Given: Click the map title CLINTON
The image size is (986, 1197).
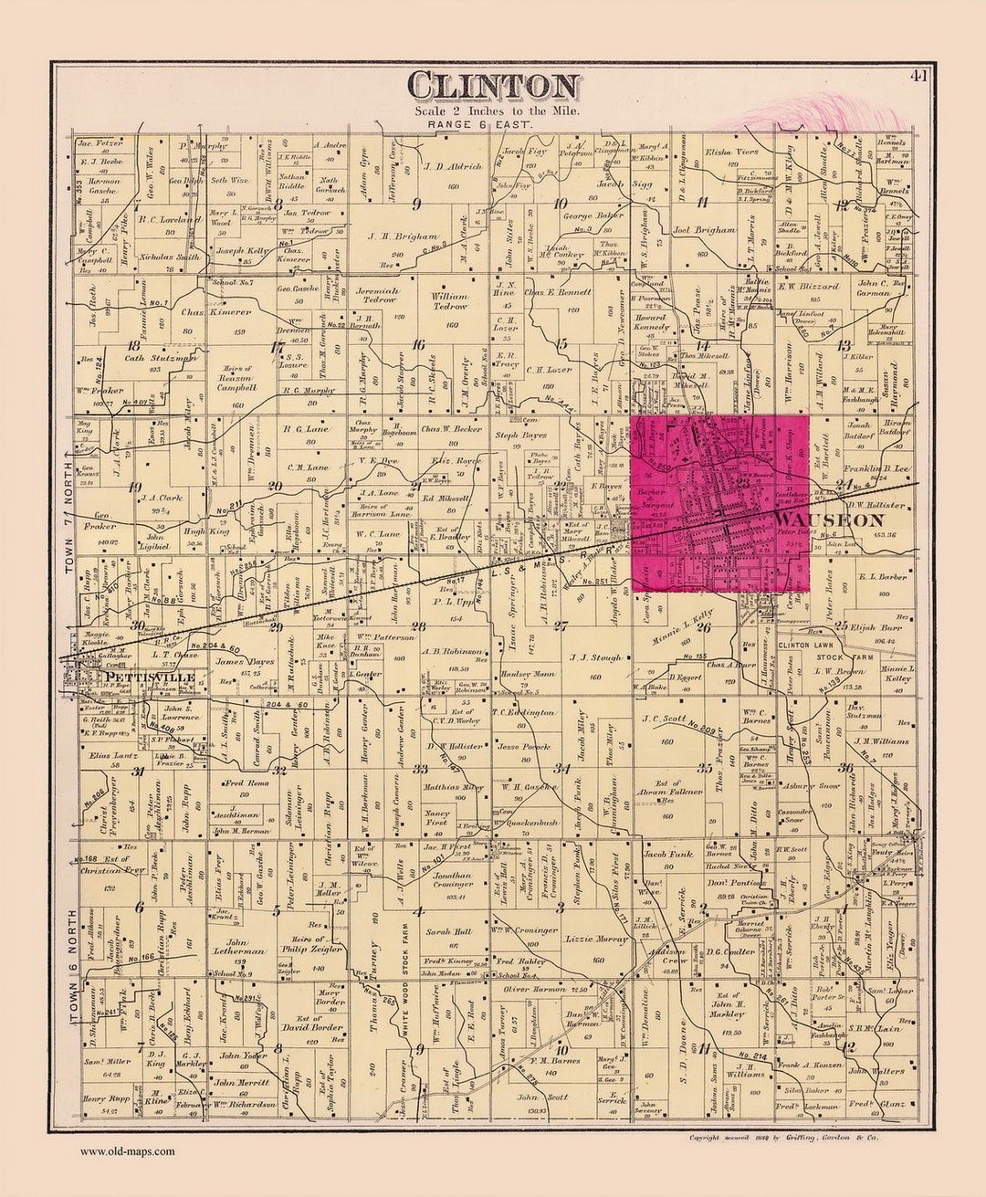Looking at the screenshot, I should coord(493,85).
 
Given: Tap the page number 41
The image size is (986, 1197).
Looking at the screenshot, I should coord(918,77).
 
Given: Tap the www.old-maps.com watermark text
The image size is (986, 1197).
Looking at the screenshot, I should coord(127,1151).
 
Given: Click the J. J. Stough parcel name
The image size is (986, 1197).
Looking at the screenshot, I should coord(595,656).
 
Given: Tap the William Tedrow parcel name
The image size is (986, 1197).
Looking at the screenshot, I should coord(450,301).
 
